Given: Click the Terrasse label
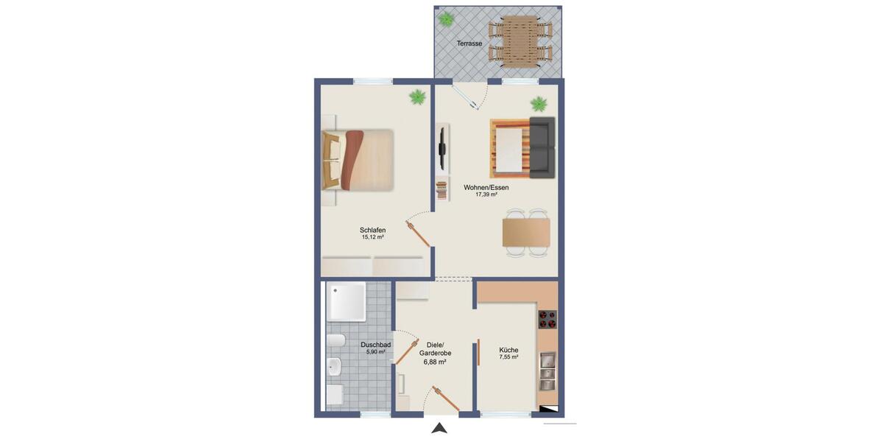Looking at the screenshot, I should coord(469,43).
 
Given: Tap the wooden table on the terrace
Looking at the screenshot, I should coord(520,41).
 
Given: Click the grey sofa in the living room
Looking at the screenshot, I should coord(542,147).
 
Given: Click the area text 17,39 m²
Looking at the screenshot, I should coord(486,195).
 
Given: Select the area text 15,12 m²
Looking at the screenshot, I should coord(374,238).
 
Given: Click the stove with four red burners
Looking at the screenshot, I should coord(547,319).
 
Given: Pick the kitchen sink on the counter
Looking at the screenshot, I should coord(547,371).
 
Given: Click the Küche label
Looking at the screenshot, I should coord(508,350).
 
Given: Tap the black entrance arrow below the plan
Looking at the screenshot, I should coord(439,428).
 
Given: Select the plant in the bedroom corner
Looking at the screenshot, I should coord(417,97).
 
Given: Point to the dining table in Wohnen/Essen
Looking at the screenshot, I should coord(525,232).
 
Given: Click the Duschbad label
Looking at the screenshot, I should coord(375,344).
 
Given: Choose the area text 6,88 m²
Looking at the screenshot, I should coord(435,362).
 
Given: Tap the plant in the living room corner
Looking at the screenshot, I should coord(539,103).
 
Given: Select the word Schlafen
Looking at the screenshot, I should coord(374,230).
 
